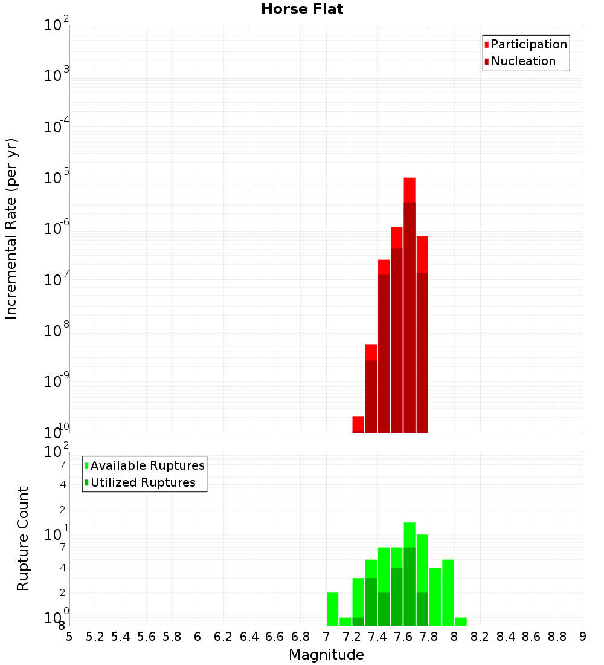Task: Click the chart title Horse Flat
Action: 302,9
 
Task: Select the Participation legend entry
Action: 529,44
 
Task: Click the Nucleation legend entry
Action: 523,61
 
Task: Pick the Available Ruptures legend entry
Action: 147,465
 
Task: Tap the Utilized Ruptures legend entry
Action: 143,482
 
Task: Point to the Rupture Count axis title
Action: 23,539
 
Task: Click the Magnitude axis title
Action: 326,655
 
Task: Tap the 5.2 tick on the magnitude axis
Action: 95,636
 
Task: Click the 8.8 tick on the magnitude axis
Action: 557,636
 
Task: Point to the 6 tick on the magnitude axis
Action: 198,636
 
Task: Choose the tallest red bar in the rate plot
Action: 410,302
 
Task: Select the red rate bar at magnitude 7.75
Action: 422,332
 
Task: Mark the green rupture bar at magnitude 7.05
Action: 332,609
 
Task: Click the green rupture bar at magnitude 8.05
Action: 461,622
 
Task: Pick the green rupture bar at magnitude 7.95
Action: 448,592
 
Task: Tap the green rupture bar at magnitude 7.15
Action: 345,622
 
